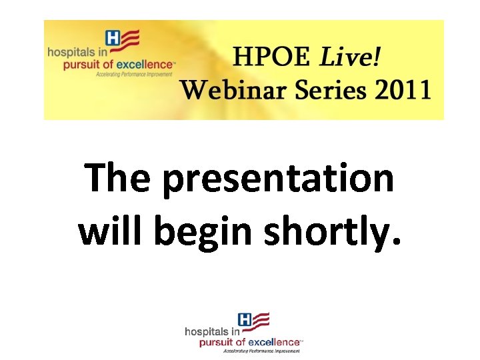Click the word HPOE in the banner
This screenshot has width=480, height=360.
click(271, 59)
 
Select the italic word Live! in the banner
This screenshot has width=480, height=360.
click(351, 59)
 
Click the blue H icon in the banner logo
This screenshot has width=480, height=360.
click(113, 39)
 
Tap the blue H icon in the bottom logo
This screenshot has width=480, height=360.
click(245, 321)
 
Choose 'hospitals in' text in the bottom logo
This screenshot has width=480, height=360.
click(212, 331)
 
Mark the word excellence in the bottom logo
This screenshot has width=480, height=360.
click(275, 342)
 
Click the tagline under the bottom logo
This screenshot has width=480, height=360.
click(262, 350)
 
